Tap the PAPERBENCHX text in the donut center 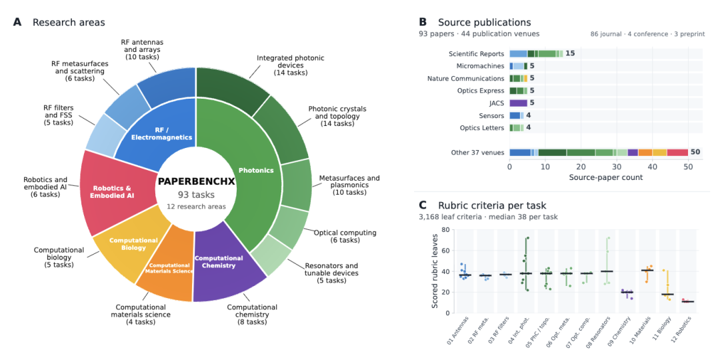pos(196,181)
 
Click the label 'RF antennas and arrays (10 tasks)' pos(142,49)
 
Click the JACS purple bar pos(519,103)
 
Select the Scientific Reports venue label pos(477,53)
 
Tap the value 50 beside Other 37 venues pos(695,153)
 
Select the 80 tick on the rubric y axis pos(444,230)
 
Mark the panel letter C pos(423,205)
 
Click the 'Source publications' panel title pos(485,22)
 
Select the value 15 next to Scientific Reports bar pos(570,53)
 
